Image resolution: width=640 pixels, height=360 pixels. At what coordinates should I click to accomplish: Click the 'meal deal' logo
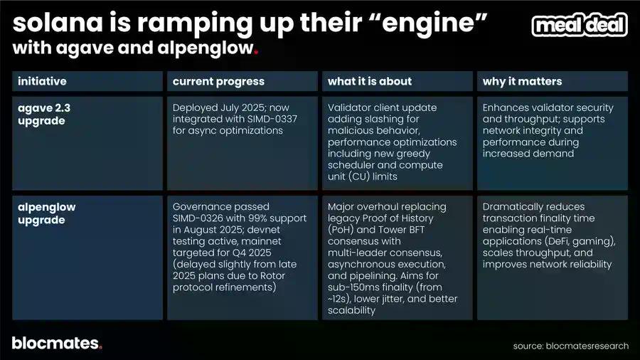click(x=580, y=25)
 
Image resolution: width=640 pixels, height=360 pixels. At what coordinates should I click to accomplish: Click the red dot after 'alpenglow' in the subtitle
click(x=256, y=52)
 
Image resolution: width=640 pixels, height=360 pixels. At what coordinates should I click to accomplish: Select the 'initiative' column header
click(x=42, y=81)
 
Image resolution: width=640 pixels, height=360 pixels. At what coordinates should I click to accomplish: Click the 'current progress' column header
click(x=218, y=82)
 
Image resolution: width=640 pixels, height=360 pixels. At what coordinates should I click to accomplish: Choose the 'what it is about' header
click(x=369, y=81)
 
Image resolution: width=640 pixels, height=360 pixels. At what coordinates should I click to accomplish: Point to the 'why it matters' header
click(x=522, y=82)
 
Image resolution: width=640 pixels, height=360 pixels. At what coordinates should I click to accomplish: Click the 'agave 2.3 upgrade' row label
click(x=44, y=115)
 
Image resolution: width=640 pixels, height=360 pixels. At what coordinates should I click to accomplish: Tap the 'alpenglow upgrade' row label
click(x=46, y=213)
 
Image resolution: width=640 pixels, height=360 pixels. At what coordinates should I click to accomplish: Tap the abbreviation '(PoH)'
click(x=341, y=230)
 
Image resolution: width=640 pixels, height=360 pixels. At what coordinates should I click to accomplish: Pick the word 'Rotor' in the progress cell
click(x=272, y=276)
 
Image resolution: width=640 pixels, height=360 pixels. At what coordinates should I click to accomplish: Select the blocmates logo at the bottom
click(x=57, y=343)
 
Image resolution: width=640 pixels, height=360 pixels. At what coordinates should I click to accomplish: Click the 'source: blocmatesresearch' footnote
click(x=570, y=346)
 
